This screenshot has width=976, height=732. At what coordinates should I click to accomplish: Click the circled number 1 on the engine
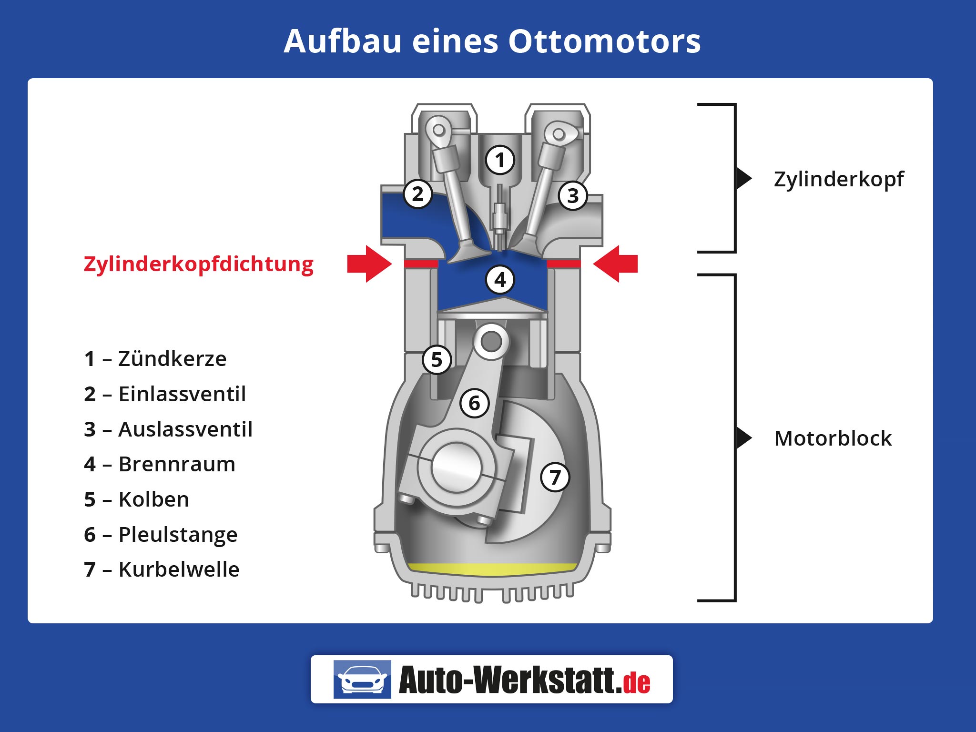pyautogui.click(x=500, y=160)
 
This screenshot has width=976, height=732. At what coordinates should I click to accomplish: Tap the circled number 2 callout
pyautogui.click(x=417, y=194)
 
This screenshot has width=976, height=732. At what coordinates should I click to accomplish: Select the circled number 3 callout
pyautogui.click(x=573, y=195)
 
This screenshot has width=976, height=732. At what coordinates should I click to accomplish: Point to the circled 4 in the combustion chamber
pyautogui.click(x=500, y=280)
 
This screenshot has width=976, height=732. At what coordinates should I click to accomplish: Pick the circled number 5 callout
pyautogui.click(x=437, y=360)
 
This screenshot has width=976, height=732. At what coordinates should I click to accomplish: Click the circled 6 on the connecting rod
pyautogui.click(x=474, y=403)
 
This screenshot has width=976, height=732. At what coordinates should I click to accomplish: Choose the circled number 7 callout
pyautogui.click(x=555, y=477)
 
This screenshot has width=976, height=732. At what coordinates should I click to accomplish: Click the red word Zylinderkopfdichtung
pyautogui.click(x=198, y=264)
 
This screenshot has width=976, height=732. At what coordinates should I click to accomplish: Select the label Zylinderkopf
pyautogui.click(x=838, y=179)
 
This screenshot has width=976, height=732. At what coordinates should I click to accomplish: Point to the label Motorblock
pyautogui.click(x=833, y=438)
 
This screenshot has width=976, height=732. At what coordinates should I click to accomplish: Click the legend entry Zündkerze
pyautogui.click(x=172, y=359)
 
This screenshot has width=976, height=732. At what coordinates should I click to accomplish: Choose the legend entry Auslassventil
pyautogui.click(x=185, y=429)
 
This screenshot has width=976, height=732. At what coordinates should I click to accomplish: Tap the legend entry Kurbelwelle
pyautogui.click(x=179, y=569)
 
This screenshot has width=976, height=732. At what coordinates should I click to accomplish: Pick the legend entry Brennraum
pyautogui.click(x=177, y=464)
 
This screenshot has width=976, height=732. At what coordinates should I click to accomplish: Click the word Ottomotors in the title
pyautogui.click(x=604, y=41)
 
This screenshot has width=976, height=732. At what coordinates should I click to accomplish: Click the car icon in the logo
pyautogui.click(x=362, y=679)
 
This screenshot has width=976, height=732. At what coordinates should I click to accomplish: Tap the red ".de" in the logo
pyautogui.click(x=636, y=682)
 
